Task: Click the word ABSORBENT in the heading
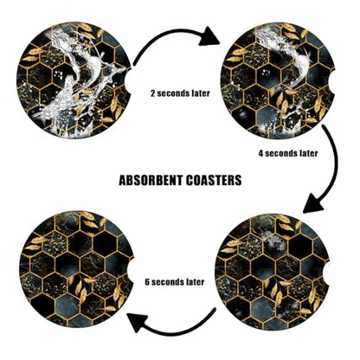[x=151, y=180]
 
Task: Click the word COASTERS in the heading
[x=214, y=180]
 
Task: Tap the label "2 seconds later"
[x=180, y=93]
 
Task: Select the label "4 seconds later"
[x=288, y=153]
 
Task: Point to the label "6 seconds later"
[x=175, y=282]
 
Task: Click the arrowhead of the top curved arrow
[x=209, y=37]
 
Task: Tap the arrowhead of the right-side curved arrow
[x=313, y=203]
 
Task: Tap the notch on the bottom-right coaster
[x=325, y=271]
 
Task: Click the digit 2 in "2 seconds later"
[x=153, y=93]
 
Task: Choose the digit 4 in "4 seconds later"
[x=260, y=153]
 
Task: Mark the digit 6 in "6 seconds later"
[x=147, y=282]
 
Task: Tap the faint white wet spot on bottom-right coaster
[x=273, y=241]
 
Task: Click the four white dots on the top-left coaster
[x=59, y=75]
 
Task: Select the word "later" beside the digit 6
[x=194, y=282]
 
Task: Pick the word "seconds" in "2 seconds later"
[x=172, y=93]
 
